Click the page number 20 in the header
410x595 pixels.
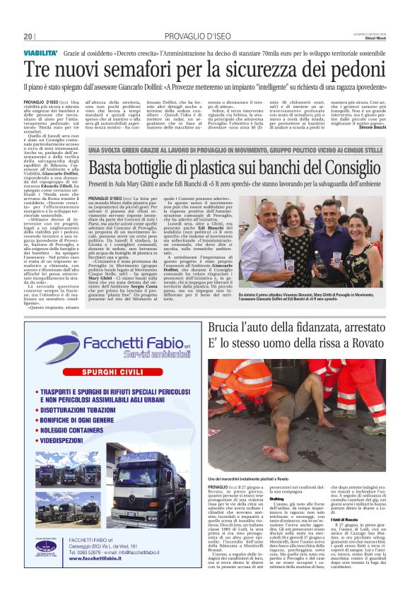pyautogui.click(x=28, y=37)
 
